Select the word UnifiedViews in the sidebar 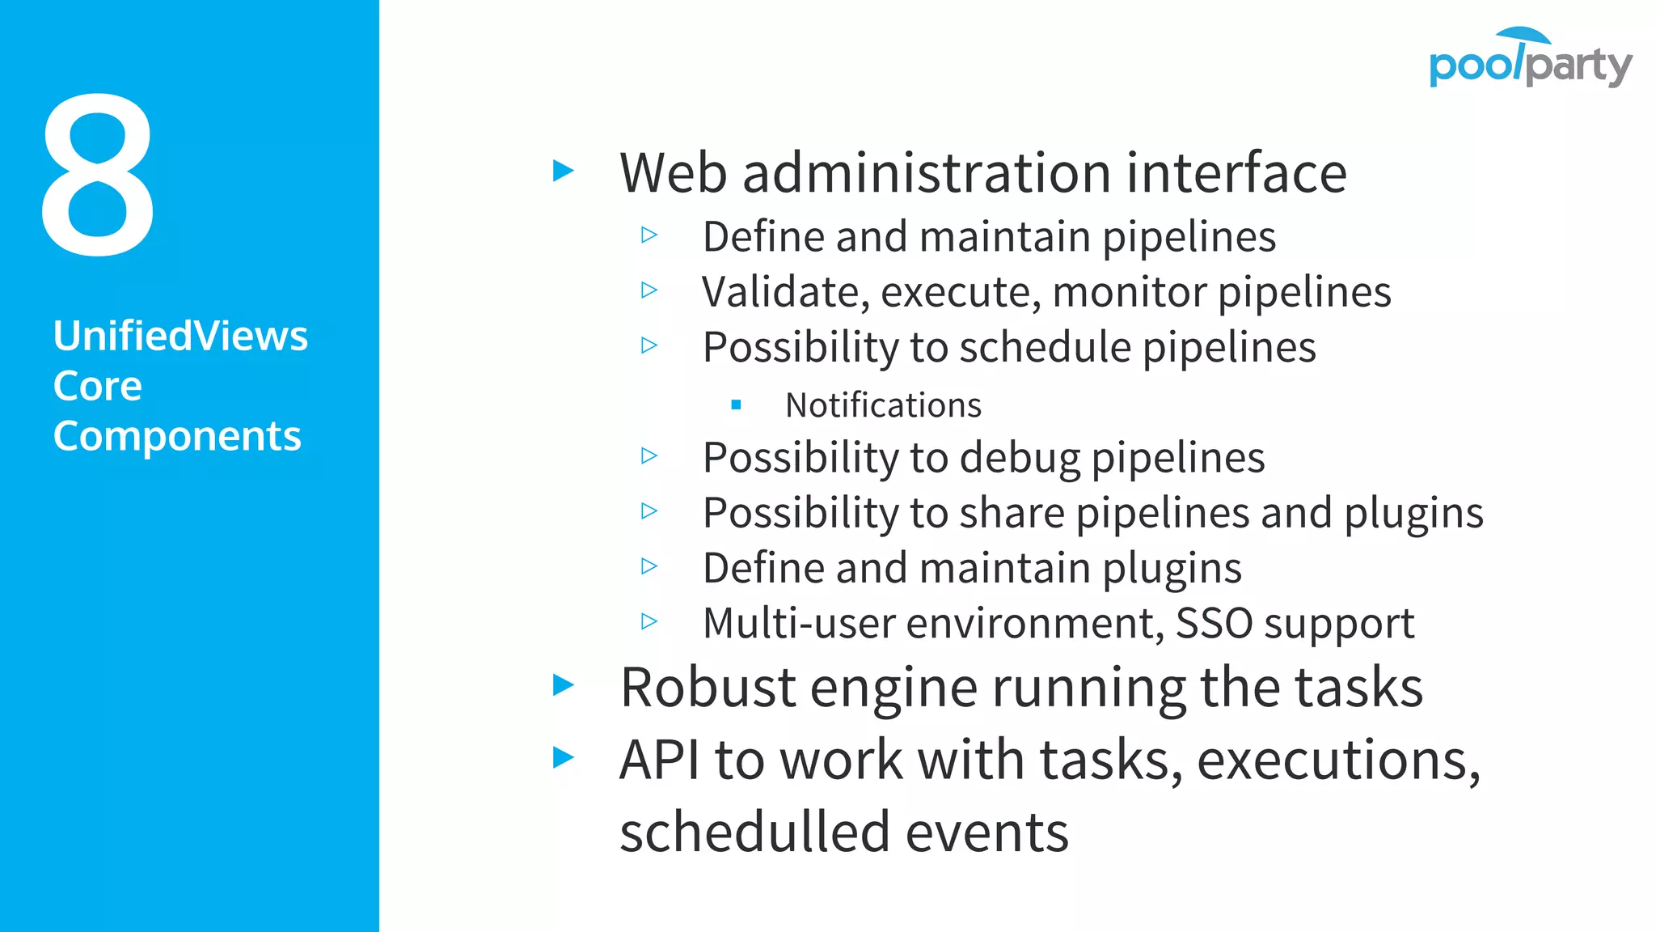(180, 336)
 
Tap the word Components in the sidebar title (177, 436)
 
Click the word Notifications (883, 405)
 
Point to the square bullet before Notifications (736, 405)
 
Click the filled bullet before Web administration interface (563, 171)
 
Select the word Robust (708, 688)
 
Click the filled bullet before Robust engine (563, 685)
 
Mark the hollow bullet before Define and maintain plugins (649, 566)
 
